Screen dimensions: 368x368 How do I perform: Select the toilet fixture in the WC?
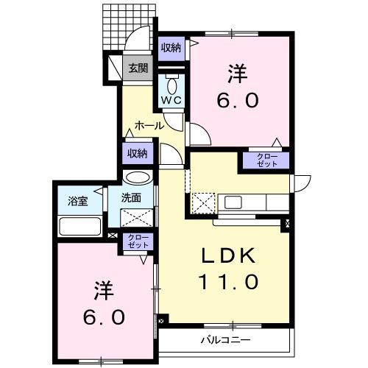click(x=171, y=80)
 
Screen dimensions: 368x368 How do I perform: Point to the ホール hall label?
click(x=149, y=126)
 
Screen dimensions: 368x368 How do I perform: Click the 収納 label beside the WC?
click(x=172, y=48)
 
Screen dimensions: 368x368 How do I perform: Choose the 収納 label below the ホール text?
click(x=137, y=154)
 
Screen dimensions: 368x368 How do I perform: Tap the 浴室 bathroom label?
click(x=78, y=201)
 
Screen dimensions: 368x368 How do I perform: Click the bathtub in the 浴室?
click(x=79, y=226)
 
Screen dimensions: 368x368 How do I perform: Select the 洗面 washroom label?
click(x=132, y=197)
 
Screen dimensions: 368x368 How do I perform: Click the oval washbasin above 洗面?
click(x=137, y=178)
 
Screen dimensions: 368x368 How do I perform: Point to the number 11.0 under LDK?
click(x=228, y=281)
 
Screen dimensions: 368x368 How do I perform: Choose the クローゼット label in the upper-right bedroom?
click(x=267, y=161)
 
